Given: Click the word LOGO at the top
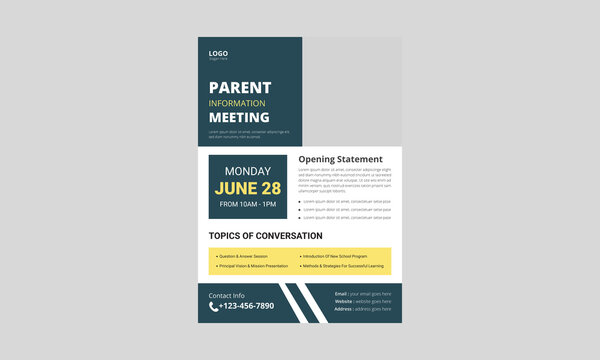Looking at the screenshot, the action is [x=218, y=53].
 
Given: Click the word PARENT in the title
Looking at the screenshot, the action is [x=240, y=87].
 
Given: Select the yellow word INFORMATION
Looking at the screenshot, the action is [x=237, y=103].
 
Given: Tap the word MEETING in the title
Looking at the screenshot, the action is [x=239, y=118].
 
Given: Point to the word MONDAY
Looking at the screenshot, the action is [x=247, y=171].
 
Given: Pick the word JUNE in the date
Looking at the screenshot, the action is [x=233, y=188].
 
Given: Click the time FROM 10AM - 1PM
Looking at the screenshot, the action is [x=247, y=205].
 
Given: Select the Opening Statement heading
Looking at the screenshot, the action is [x=340, y=159].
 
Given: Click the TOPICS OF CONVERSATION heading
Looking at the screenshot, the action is [x=265, y=236].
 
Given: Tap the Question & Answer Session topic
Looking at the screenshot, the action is [x=243, y=256].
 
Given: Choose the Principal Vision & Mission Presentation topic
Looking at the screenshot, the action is [x=253, y=266].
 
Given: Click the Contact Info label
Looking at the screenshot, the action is [x=226, y=296].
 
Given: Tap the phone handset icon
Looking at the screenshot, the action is [x=214, y=307].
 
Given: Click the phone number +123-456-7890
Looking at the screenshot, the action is [x=246, y=307].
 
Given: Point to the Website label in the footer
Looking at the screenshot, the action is [x=343, y=301].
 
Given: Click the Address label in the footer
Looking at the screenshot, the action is [x=343, y=309].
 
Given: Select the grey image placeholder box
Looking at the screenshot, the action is [x=352, y=91].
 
